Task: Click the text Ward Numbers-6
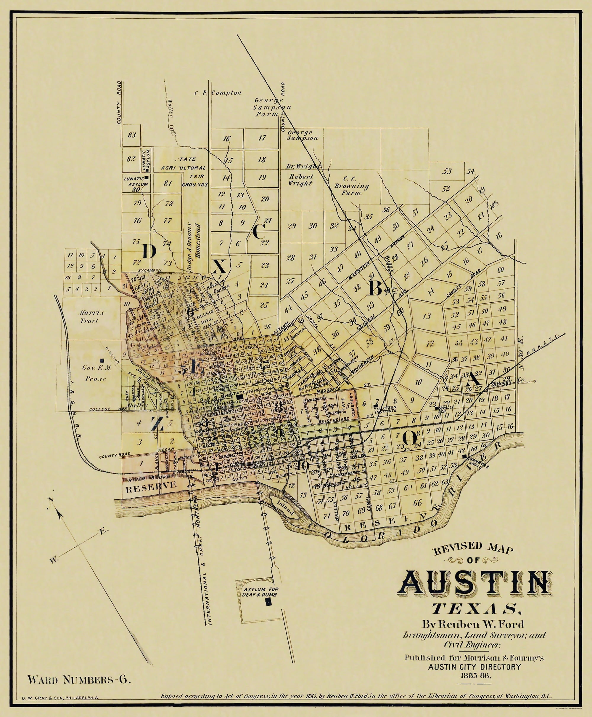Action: pyautogui.click(x=79, y=679)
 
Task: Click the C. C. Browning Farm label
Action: pyautogui.click(x=351, y=186)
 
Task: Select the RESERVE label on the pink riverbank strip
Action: pyautogui.click(x=151, y=485)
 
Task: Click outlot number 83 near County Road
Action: pyautogui.click(x=132, y=135)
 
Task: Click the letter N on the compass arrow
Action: pyautogui.click(x=51, y=500)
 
